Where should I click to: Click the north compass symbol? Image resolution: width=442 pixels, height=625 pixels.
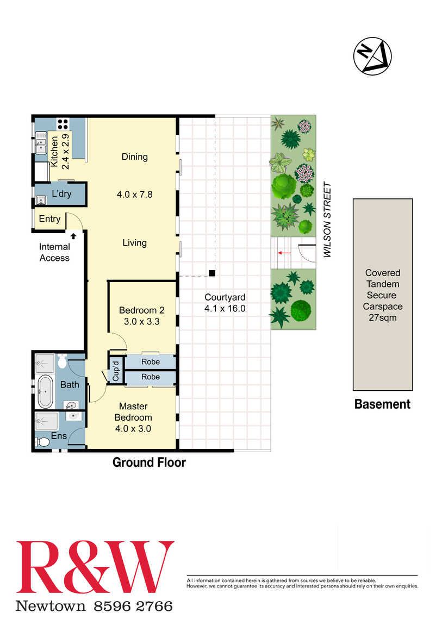pos(372,56)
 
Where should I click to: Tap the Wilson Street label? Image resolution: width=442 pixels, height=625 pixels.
pos(327,220)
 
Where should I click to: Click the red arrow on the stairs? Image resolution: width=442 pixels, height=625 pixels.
pos(284,253)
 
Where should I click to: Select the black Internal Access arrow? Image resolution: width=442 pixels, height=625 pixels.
pos(73,236)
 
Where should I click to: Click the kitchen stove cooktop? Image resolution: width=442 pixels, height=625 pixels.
pos(63,124)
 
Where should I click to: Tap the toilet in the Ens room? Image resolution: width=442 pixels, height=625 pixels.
pos(42,442)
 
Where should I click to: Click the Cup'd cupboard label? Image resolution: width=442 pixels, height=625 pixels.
pos(116,371)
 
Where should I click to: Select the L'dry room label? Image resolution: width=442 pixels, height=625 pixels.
pos(62,193)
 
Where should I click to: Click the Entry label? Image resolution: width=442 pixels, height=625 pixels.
pos(50,219)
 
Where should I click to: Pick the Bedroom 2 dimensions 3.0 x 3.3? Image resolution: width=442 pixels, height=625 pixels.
pos(142,321)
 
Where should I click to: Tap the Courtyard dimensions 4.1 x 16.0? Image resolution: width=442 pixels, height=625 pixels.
pos(225,308)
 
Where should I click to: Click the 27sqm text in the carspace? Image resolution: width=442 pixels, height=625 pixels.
pos(383,318)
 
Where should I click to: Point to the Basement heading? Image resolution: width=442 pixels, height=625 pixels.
pos(382,404)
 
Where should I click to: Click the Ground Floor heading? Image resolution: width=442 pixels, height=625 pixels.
pos(149,462)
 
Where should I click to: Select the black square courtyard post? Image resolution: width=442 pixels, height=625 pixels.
pos(212,273)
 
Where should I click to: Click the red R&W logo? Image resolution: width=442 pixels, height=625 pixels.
pos(95,567)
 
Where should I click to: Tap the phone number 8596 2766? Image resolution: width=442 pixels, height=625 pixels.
pos(133,607)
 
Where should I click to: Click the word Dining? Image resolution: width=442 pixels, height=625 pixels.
pos(135,157)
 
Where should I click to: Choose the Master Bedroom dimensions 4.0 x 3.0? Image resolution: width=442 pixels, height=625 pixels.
pos(133,428)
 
